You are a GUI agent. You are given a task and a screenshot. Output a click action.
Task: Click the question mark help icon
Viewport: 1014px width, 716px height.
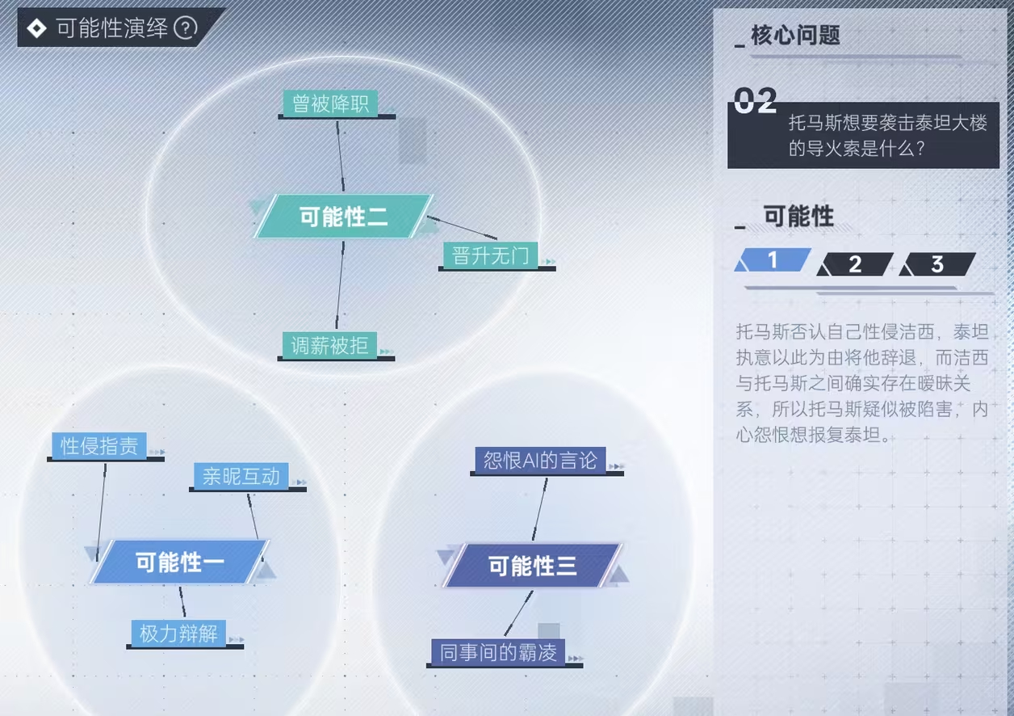[x=186, y=28]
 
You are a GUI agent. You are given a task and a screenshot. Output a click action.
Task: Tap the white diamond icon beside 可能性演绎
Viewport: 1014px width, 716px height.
[x=36, y=28]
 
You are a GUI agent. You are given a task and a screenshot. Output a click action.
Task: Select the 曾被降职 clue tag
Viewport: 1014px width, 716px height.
[x=330, y=103]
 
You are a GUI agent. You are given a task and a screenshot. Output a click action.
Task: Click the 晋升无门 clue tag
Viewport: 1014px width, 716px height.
[x=490, y=255]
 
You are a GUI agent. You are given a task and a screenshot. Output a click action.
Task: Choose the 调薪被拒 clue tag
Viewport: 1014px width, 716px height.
[x=329, y=345]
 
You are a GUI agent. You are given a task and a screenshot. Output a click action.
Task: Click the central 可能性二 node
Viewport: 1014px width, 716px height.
[x=344, y=216]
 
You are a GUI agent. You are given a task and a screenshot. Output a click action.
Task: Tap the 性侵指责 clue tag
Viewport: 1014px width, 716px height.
[x=99, y=446]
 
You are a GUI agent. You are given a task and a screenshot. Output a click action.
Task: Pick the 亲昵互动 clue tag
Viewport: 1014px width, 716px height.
[x=241, y=476]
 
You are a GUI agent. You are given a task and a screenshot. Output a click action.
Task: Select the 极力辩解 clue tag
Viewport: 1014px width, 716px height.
[x=178, y=633]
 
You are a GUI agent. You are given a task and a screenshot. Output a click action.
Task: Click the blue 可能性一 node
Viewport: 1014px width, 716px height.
[x=180, y=562]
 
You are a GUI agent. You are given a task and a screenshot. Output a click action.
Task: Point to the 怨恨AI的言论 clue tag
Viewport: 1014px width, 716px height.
[x=540, y=461]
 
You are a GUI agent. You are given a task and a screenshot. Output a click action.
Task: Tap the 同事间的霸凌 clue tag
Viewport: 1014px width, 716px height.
[x=498, y=652]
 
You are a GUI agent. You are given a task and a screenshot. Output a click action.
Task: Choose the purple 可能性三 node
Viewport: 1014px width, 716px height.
[x=532, y=566]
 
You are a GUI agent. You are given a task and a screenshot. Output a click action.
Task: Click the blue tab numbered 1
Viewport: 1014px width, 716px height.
[x=773, y=259]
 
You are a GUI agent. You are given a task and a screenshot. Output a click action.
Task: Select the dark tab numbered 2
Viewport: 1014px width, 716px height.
[x=855, y=264]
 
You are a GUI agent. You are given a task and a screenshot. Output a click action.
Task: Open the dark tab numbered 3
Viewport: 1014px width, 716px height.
[x=937, y=264]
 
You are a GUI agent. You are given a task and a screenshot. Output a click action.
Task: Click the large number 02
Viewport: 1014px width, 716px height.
[x=755, y=100]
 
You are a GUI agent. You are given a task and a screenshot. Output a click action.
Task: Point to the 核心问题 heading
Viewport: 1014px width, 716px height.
[x=795, y=35]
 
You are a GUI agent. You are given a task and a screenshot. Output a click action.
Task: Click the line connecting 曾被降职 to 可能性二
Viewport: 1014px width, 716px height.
[x=340, y=156]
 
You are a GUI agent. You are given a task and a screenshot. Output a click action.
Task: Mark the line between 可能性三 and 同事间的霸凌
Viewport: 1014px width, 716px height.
[x=519, y=613]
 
